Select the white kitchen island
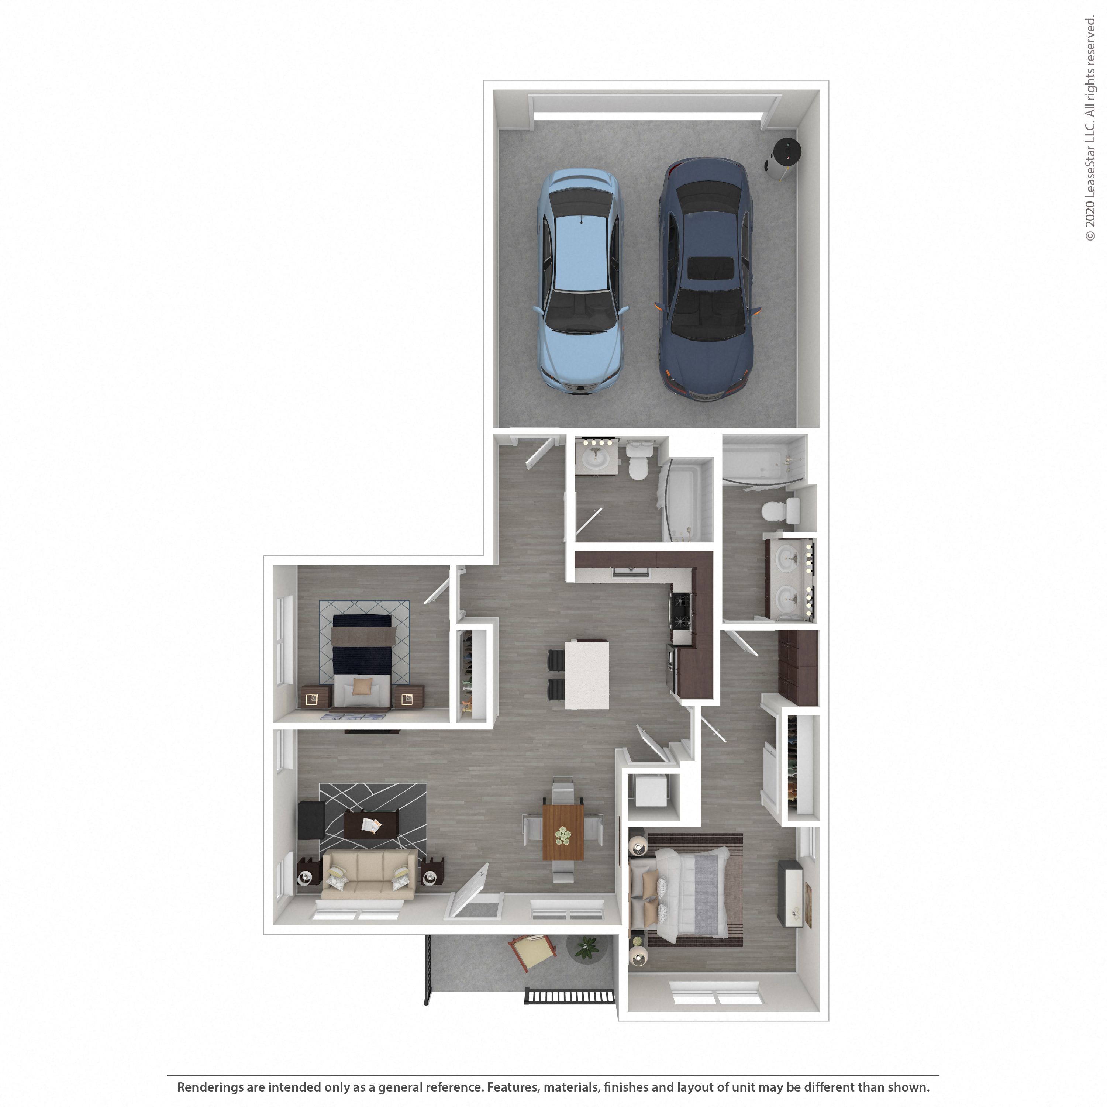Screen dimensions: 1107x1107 tap(586, 675)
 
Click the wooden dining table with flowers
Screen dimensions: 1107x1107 tap(563, 832)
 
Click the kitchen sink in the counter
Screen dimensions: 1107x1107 tap(630, 572)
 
